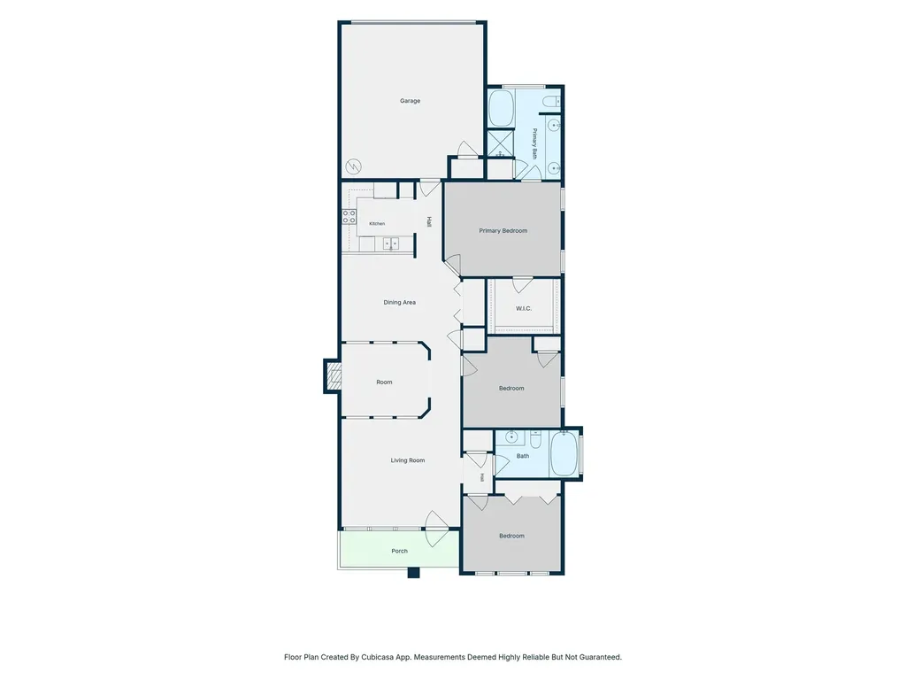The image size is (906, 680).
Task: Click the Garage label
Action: coord(410,101)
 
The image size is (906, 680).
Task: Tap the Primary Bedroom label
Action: coord(503,231)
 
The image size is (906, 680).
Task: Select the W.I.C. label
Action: coord(524,309)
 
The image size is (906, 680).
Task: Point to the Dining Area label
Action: coord(399,303)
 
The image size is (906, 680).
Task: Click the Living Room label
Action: coord(407,460)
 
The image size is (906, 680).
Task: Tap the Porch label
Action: coord(399,551)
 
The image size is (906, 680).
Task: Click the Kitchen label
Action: coord(377,224)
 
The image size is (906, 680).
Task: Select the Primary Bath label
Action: coord(534,144)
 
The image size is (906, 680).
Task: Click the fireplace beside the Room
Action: coord(333,376)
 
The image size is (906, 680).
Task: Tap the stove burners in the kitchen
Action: coord(349,217)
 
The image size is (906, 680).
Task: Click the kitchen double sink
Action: coord(391,244)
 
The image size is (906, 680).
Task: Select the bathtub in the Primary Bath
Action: coord(501,108)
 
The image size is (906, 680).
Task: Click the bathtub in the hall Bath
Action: coord(564,454)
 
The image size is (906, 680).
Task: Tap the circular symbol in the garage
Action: coord(353,167)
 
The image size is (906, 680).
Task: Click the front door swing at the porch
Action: coord(437,529)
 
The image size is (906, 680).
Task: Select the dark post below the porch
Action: coord(413,573)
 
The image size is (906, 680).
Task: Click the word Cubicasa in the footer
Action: coord(377,657)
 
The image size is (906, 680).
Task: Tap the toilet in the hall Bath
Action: coord(535,442)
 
